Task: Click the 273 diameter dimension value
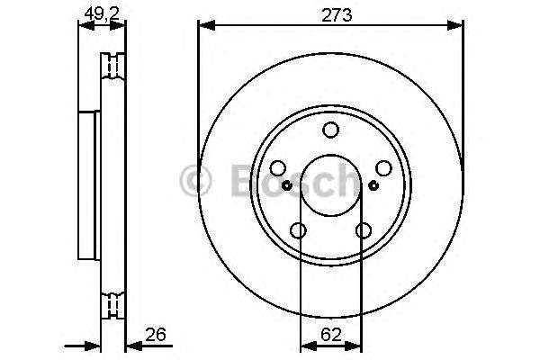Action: coord(337,15)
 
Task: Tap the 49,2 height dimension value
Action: coord(102,13)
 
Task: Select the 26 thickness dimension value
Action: coord(156,334)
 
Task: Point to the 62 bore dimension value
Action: coord(330,334)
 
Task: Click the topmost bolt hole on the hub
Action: coord(331,130)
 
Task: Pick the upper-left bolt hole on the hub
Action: coord(278,168)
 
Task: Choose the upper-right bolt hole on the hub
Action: coord(384,168)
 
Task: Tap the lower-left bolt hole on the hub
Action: coord(298,230)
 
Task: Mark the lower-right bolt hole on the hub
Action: coord(364,230)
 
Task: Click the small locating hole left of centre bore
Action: coord(287,185)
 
